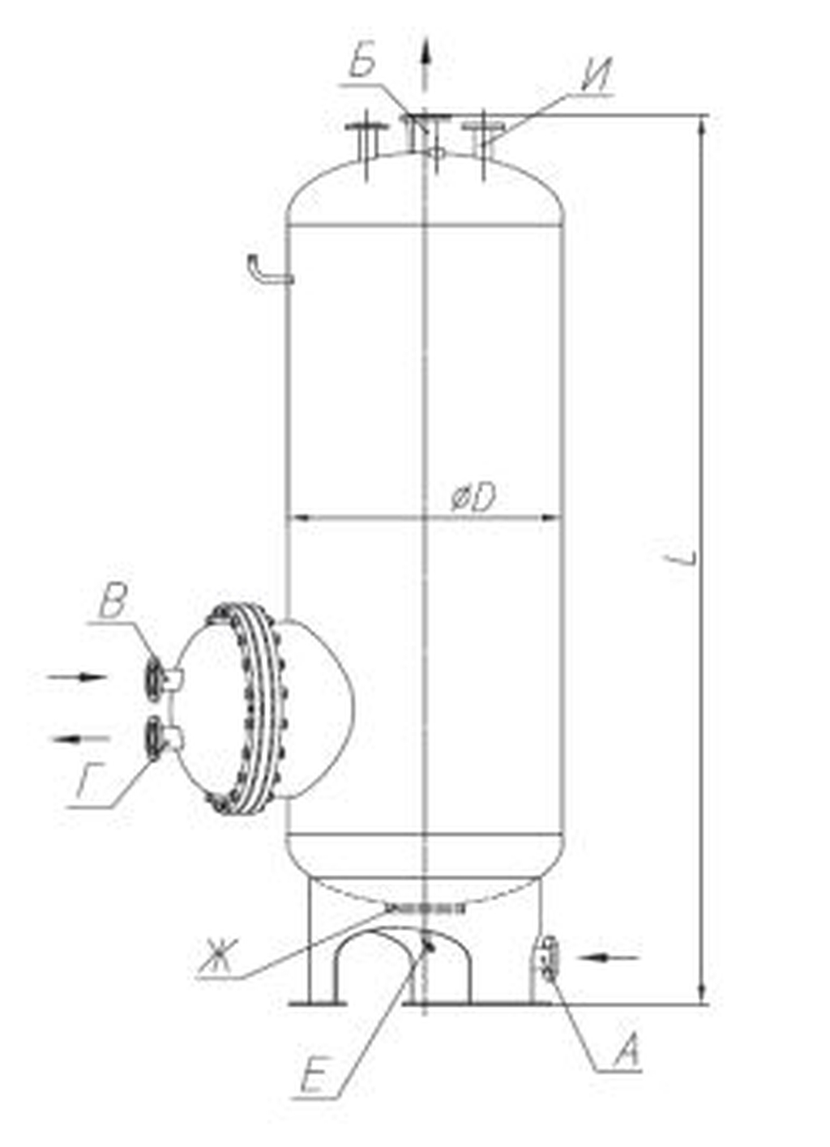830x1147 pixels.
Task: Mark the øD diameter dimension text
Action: (473, 498)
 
